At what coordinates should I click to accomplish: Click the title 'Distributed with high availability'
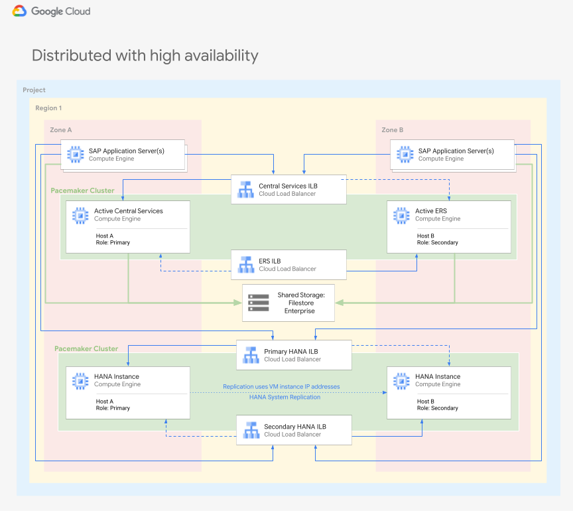[145, 55]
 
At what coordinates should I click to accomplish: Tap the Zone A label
[61, 130]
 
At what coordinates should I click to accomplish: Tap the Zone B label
[393, 130]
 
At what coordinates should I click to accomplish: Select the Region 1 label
[48, 108]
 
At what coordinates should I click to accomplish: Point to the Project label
[34, 90]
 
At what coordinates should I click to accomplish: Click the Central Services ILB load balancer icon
[245, 190]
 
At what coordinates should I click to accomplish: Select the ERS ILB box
[288, 265]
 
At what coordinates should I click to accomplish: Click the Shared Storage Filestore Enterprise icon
[258, 303]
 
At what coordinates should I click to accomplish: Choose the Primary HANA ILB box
[294, 355]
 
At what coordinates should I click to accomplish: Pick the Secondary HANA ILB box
[294, 430]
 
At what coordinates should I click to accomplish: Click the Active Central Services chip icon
[80, 214]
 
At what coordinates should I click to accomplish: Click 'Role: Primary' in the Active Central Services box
[113, 243]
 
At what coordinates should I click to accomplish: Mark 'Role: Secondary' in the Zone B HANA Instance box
[437, 408]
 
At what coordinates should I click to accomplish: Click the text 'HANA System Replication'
[285, 397]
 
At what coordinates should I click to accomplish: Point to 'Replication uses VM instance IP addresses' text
[281, 386]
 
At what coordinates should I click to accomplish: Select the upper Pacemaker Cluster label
[82, 190]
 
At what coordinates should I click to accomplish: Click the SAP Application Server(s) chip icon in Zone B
[405, 154]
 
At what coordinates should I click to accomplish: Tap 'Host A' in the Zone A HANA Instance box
[105, 402]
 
